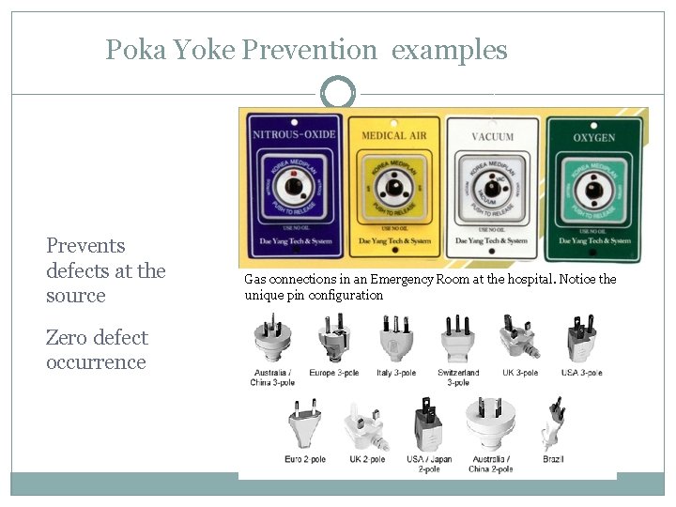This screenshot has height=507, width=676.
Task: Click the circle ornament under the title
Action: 338,93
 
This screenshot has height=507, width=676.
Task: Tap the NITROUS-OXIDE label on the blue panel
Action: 294,134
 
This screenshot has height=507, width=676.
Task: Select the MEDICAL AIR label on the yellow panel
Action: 394,136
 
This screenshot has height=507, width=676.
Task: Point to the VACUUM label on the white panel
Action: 493,137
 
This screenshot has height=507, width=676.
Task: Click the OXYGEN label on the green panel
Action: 593,138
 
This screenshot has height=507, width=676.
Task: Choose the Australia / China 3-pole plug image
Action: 273,337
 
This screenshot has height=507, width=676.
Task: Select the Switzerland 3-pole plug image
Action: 458,337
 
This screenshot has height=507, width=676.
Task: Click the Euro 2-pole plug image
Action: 306,423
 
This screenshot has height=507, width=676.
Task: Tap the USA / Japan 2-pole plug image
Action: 428,423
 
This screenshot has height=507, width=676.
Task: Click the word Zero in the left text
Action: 67,338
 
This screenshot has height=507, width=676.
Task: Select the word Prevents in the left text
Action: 85,246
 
